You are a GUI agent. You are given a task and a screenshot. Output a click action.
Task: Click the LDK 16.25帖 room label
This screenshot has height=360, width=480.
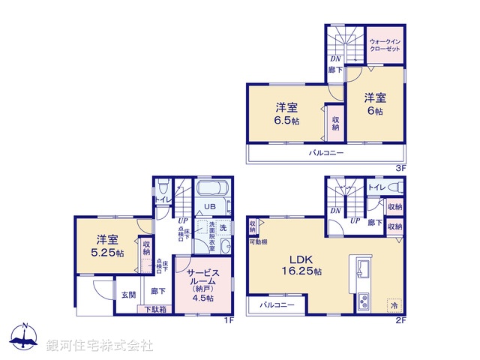coord(301,264)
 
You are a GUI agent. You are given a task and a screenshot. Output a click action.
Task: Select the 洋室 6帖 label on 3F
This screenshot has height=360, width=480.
coord(375,103)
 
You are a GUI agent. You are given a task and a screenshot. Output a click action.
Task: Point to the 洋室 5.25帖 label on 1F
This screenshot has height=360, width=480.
coord(106,246)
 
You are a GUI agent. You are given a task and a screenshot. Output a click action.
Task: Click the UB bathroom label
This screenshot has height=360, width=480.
coord(211,208)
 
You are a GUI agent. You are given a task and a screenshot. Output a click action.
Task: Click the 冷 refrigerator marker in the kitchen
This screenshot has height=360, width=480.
coord(394,305)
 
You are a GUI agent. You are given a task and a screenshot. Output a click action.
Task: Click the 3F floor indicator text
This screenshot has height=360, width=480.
coord(400,168)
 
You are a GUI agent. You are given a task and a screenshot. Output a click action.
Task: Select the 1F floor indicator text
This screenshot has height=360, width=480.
coord(229,320)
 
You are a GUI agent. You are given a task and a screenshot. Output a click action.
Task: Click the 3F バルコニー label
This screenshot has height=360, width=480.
coord(326,153)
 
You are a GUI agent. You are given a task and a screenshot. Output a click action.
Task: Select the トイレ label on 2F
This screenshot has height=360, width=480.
coord(376,187)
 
